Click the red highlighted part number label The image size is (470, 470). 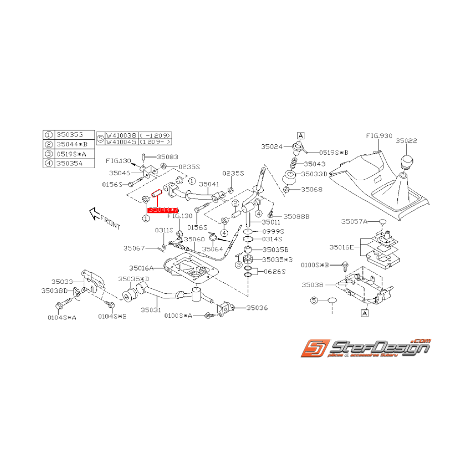pos(163,209)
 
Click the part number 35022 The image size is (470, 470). pos(406,141)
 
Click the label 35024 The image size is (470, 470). pos(273,147)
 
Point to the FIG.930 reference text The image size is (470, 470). pos(379,136)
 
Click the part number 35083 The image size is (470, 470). pos(167,157)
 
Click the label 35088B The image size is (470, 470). pos(296,216)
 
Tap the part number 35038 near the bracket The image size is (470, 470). pos(313,285)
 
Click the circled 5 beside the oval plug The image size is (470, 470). pos(314,301)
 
